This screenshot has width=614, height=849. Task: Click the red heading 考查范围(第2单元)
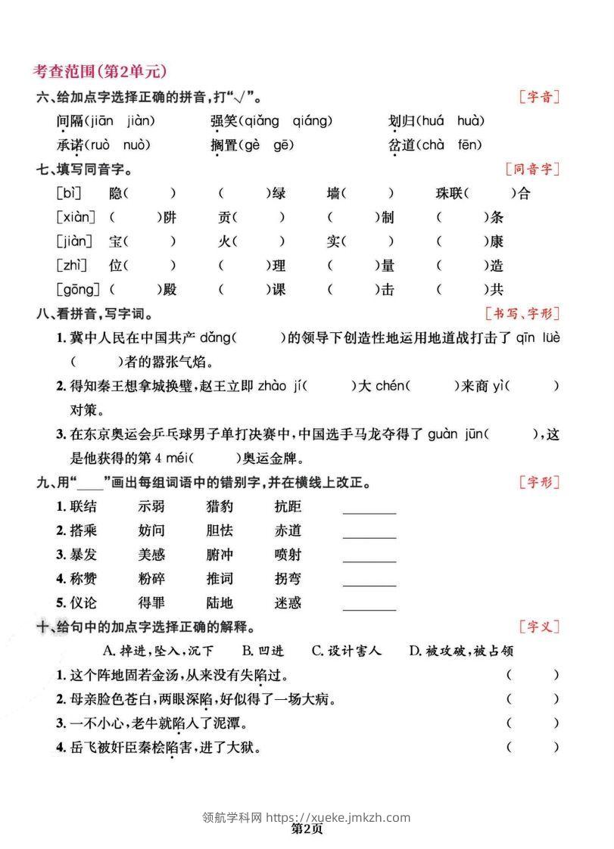point(100,71)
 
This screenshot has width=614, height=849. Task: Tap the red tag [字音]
point(539,97)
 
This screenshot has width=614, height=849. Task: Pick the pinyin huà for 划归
point(471,121)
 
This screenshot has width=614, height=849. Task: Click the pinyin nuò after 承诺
point(136,145)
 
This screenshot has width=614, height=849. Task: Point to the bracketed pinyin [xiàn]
point(76,218)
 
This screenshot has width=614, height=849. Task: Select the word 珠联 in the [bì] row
point(451,194)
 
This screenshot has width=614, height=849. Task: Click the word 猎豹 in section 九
point(220,507)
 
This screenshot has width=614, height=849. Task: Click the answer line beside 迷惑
point(369,609)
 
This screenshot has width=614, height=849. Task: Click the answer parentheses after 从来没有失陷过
point(533,674)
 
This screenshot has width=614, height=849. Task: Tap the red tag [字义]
point(539,627)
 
